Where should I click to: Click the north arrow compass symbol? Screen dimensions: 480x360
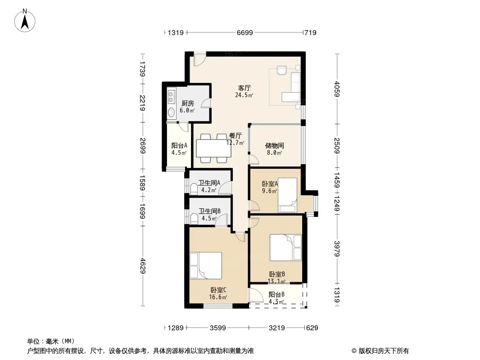coord(25,21)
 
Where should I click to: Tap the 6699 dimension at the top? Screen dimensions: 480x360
coord(245,32)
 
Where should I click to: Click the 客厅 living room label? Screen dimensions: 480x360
coord(245,88)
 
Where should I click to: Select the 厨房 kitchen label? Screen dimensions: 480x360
coord(187,103)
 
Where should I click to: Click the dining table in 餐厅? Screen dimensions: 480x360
coord(214,148)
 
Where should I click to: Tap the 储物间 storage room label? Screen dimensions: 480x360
coord(274,146)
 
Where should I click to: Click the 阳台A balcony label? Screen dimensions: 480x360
coord(179,146)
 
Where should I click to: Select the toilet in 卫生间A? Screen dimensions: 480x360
coord(194,189)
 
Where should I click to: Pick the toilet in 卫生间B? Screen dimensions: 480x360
coord(194,218)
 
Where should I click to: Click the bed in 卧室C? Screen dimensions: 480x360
coord(206,265)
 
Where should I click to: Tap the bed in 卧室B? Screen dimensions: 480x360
coord(285,247)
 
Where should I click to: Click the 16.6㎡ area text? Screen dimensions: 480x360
coord(218,297)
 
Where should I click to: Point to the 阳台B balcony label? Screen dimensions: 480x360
coord(277,295)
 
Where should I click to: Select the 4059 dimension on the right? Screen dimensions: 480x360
coord(337,89)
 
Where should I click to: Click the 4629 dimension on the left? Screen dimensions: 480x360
coord(143,266)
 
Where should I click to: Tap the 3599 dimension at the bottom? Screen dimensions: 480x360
coord(218,328)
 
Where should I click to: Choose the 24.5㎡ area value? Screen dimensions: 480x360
coord(244,95)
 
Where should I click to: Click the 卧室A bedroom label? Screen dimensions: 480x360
coord(270,184)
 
